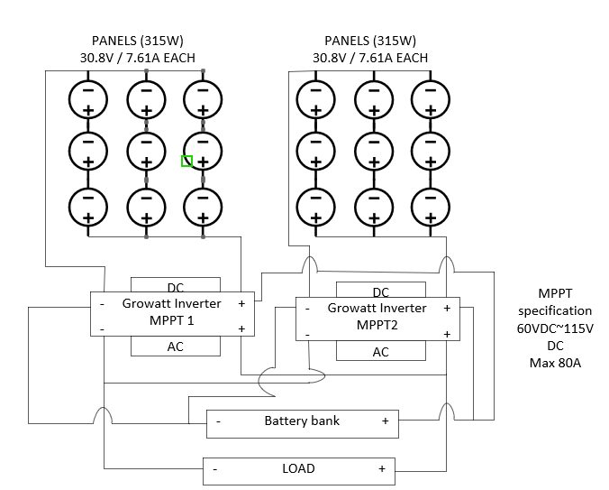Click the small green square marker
[186, 162]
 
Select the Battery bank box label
[302, 421]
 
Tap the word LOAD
[298, 468]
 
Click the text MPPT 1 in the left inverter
[171, 320]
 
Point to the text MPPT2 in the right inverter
[377, 324]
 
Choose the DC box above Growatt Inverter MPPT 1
[176, 286]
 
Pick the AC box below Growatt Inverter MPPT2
[381, 352]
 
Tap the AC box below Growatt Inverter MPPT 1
[176, 347]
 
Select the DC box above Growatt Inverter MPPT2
[381, 291]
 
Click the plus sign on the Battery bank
[385, 421]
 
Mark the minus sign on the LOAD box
[214, 469]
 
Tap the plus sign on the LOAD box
[381, 469]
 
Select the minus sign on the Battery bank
[218, 421]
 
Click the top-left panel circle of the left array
[88, 99]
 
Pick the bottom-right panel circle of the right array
[429, 208]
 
